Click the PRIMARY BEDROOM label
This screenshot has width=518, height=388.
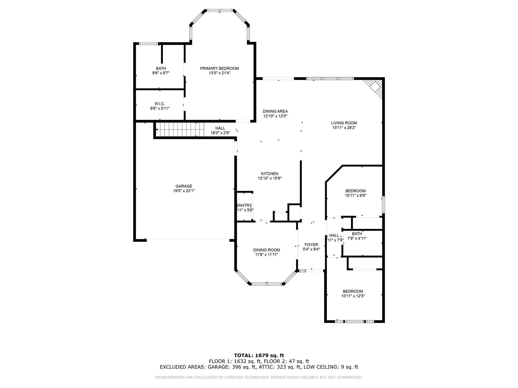(x=219, y=68)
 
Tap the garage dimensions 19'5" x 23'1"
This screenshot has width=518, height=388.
(x=184, y=191)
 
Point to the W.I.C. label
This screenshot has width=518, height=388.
(x=160, y=104)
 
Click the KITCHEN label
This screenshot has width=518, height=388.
(x=269, y=174)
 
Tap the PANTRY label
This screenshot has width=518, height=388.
(x=244, y=205)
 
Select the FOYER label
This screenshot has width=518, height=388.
(x=311, y=245)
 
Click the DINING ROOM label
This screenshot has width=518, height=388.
(x=266, y=250)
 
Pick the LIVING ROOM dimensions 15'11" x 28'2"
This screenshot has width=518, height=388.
(x=344, y=128)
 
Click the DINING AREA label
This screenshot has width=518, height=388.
(x=275, y=111)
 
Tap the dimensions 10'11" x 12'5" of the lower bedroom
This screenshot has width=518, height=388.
(x=353, y=296)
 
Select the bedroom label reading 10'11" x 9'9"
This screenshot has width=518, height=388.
(x=355, y=196)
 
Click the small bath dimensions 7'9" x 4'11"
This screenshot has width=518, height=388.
(x=357, y=238)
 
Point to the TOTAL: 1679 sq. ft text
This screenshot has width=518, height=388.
(x=259, y=356)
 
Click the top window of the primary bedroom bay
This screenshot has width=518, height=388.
(x=220, y=11)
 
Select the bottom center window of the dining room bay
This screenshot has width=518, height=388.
(x=267, y=284)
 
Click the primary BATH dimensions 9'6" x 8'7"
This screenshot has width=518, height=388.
(x=161, y=73)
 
